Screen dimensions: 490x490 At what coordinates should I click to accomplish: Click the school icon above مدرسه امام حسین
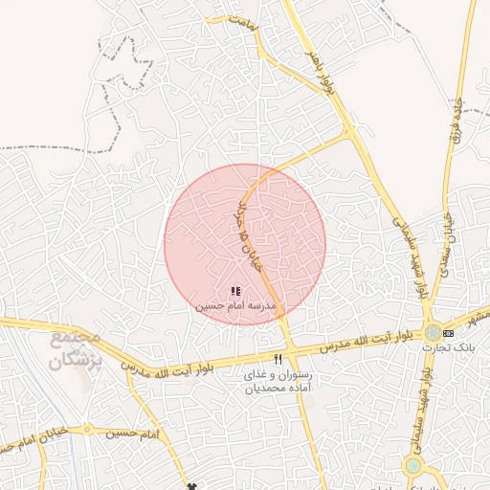(x=235, y=291)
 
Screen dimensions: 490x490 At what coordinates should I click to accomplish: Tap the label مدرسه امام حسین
(x=236, y=306)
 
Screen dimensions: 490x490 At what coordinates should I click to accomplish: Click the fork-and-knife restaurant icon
(x=278, y=359)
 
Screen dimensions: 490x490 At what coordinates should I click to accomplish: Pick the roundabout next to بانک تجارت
(x=434, y=332)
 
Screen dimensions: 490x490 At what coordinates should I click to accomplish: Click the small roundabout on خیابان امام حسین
(x=87, y=430)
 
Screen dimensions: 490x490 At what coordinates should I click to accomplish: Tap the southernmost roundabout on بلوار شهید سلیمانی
(x=412, y=466)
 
